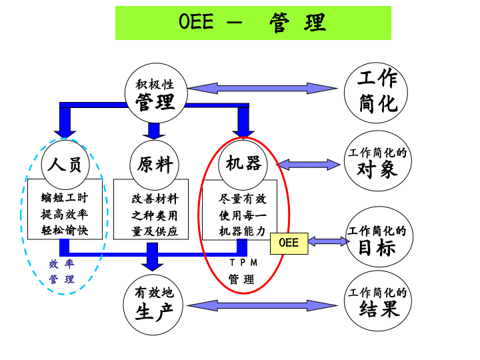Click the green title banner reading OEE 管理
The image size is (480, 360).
point(253,23)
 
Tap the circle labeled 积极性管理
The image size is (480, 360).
point(155,94)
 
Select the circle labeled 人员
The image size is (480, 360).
point(65,164)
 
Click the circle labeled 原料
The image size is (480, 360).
point(155,164)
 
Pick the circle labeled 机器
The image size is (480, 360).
point(243,164)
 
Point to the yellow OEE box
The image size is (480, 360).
point(289,243)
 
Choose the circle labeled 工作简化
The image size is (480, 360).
point(377,91)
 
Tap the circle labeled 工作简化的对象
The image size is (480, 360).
point(377,162)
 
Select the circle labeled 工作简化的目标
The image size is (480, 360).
point(377,241)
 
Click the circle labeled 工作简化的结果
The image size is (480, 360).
point(377,303)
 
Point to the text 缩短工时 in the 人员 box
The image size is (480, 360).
point(65,198)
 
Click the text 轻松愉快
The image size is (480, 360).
point(65,231)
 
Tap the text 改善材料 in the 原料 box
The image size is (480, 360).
point(155,199)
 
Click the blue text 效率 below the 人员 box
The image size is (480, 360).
point(61,263)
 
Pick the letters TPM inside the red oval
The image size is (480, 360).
point(243,263)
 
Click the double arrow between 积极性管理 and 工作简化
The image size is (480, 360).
point(263,88)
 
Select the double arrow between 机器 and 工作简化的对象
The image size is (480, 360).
point(309,164)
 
